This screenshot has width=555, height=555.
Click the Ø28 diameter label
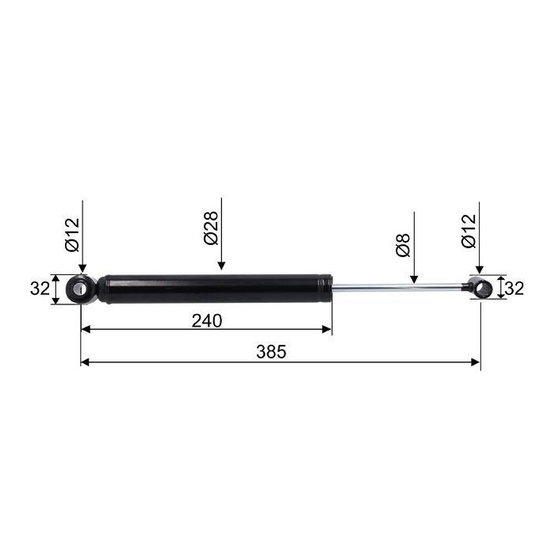211,228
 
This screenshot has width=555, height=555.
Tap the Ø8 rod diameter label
404,244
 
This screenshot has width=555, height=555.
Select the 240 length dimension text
207,320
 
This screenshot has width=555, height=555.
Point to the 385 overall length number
271,352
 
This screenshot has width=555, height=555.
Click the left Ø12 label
73,235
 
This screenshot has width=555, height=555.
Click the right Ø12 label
469,231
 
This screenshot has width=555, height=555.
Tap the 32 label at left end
40,289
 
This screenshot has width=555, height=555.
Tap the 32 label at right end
514,289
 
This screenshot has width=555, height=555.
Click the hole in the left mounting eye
79,289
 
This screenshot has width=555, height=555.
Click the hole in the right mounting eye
481,289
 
